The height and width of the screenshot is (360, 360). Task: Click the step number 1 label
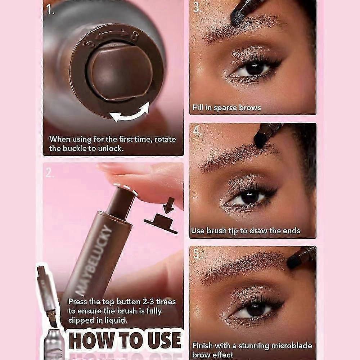pos(50,10)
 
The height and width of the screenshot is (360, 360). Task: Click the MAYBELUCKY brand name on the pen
pos(94,261)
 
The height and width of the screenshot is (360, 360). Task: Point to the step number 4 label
pos(197,131)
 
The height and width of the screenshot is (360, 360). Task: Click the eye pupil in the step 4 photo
pos(249,197)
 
